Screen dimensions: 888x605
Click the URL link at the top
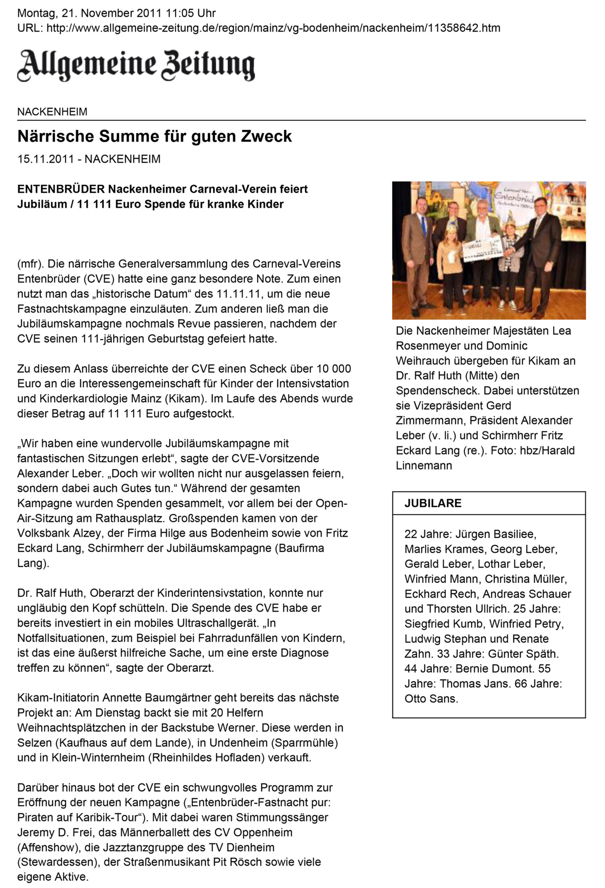[x=273, y=28]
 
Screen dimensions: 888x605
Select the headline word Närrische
[x=56, y=136]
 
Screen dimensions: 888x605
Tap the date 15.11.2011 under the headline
[x=45, y=159]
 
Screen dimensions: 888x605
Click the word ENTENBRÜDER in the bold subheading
[x=61, y=189]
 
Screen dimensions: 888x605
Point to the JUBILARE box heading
[x=433, y=503]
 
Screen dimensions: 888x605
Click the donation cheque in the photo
[x=482, y=248]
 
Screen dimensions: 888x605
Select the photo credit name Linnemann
[x=424, y=466]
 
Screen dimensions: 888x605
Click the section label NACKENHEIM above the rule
[x=52, y=112]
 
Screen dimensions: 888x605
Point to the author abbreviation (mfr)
[x=30, y=264]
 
